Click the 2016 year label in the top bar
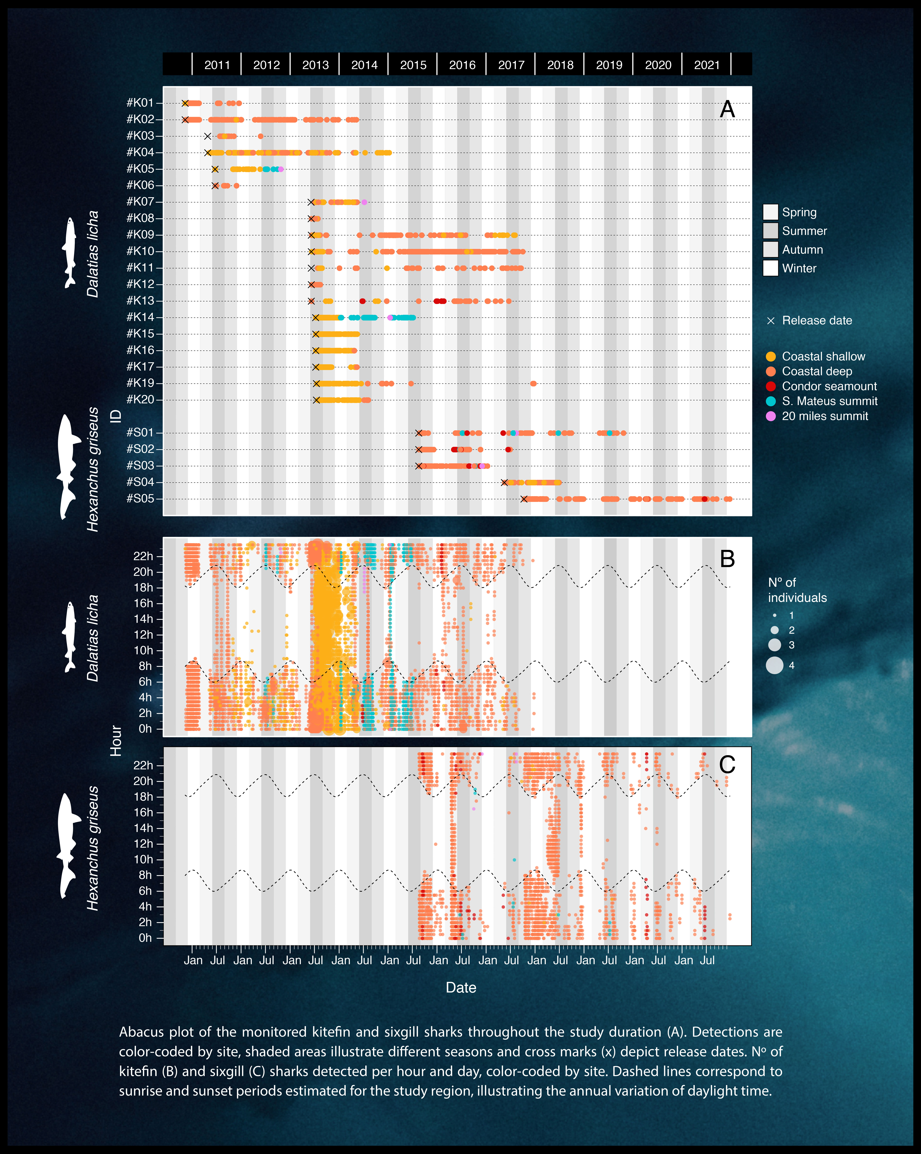tap(462, 65)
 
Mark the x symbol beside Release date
tap(771, 321)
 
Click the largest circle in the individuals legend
tap(774, 665)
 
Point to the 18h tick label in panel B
tap(143, 588)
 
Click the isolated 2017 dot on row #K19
tap(533, 383)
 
